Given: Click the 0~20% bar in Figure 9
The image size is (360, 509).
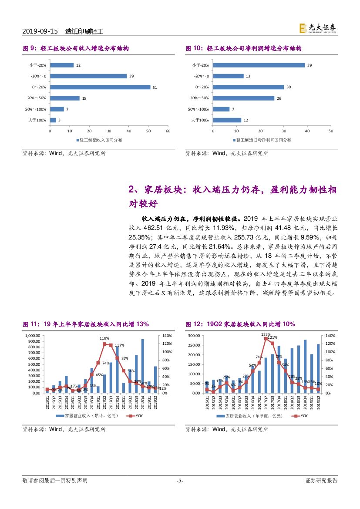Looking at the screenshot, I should point(100,87).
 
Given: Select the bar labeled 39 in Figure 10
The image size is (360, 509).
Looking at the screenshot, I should point(259,65).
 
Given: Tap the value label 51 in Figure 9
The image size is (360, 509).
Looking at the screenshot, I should point(154,87).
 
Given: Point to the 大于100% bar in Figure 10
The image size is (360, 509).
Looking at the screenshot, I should point(227,120).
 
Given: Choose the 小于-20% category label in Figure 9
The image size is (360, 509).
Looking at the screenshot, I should point(38,65).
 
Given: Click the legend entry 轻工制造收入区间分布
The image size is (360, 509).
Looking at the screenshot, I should point(100,140).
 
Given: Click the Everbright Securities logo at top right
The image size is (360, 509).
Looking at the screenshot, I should point(317,28).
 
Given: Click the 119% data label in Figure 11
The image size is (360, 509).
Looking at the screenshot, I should point(104,338).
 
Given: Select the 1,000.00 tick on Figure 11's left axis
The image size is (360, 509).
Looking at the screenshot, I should point(34,336).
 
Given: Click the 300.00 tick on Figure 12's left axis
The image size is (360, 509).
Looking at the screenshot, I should point(197,336).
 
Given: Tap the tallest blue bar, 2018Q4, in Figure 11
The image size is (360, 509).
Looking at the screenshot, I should point(142,366).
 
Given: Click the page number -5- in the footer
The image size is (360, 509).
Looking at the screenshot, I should point(180,481).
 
